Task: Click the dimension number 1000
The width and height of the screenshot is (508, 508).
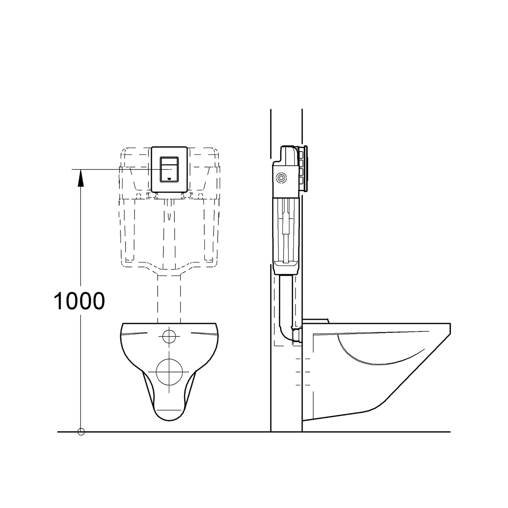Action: pyautogui.click(x=79, y=301)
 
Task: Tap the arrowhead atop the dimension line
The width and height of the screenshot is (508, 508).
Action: pyautogui.click(x=81, y=178)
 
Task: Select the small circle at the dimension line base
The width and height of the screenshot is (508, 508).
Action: pyautogui.click(x=81, y=432)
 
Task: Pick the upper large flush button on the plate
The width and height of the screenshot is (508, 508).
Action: pyautogui.click(x=169, y=164)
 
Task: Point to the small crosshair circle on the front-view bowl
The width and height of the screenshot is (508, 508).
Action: pyautogui.click(x=169, y=336)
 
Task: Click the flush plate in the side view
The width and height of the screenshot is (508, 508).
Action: pyautogui.click(x=306, y=169)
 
